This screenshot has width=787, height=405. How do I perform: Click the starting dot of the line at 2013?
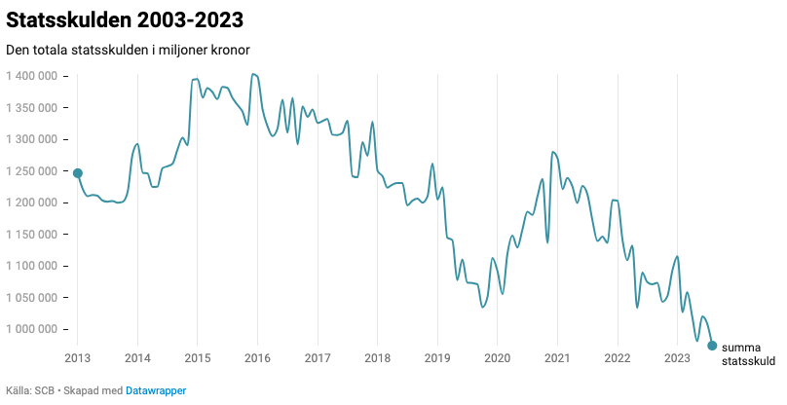78,173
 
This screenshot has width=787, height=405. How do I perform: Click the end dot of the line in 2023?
712,346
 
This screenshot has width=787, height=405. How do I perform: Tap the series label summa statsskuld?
748,354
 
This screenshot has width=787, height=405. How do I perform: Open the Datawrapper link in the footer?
156,390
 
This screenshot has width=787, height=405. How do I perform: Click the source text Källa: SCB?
29,390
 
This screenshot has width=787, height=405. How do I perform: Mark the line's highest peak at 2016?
253,74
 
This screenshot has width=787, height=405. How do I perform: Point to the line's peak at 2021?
553,152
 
